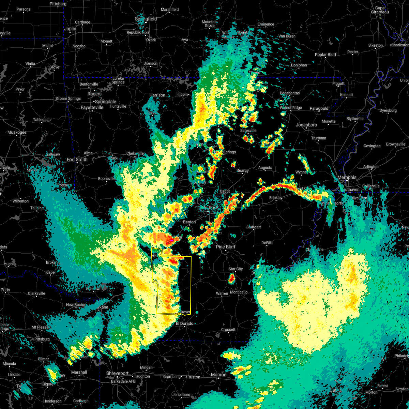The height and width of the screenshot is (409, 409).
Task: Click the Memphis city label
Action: tap(347, 177)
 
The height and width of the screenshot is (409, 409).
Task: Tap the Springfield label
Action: tap(146, 19)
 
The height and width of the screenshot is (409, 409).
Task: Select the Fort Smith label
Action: tap(77, 160)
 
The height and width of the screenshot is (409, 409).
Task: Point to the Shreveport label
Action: tap(117, 374)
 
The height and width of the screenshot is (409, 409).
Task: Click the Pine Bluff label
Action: tap(226, 247)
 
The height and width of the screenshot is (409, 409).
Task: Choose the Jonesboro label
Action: tap(306, 125)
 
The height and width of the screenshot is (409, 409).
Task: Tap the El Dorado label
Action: tap(184, 323)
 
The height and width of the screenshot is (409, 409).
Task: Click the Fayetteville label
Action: tap(92, 107)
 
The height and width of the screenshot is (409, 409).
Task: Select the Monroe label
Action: tap(218, 375)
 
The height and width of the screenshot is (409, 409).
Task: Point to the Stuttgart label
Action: tap(254, 227)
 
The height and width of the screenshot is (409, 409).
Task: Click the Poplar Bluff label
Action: tap(325, 55)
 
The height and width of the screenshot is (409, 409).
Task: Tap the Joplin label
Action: tap(70, 29)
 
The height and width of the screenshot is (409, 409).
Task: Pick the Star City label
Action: tap(235, 269)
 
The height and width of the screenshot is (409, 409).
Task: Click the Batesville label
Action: tap(248, 131)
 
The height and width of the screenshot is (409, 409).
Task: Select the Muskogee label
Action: tap(17, 132)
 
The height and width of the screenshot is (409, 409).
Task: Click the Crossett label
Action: tap(228, 330)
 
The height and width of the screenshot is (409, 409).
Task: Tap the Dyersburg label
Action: tap(388, 110)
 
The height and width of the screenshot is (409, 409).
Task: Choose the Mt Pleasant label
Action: tap(41, 327)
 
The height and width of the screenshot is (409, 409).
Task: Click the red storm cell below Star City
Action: tap(231, 279)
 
